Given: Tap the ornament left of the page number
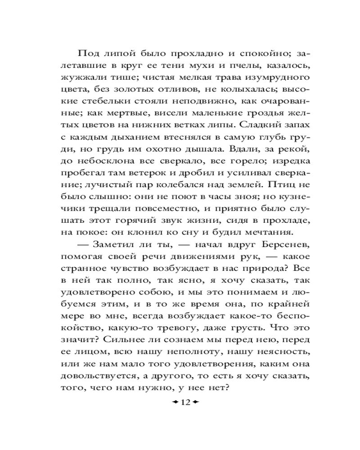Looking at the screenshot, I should [173, 402].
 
